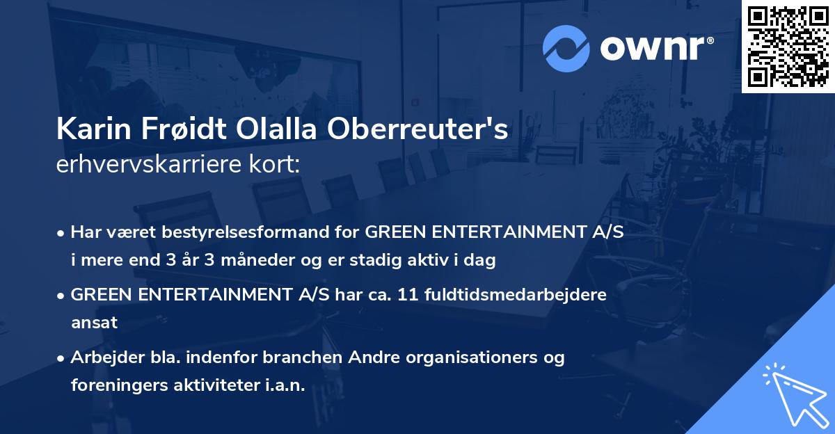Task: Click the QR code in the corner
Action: click(x=788, y=47)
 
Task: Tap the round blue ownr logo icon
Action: click(x=566, y=49)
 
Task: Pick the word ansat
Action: click(x=94, y=323)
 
